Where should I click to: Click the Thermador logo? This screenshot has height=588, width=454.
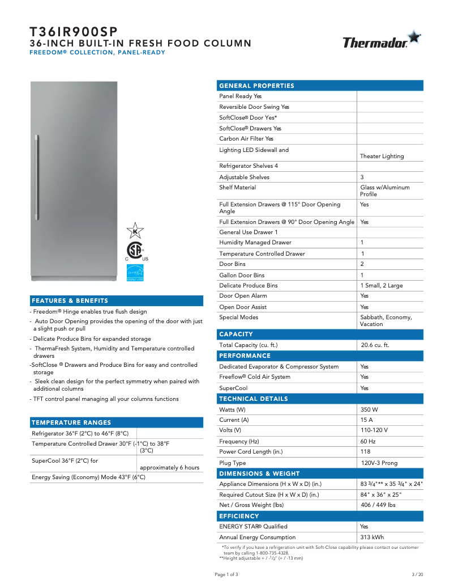pos(382,40)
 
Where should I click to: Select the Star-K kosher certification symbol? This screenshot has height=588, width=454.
pos(135,230)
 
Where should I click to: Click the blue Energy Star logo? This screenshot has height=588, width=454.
pos(135,273)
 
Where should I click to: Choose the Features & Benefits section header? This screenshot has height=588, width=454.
pos(70,301)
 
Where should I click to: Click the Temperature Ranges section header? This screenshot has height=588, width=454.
pos(71,422)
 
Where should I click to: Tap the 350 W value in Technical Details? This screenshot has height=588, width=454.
pos(369,409)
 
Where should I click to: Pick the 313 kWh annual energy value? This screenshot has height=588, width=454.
pos(372,537)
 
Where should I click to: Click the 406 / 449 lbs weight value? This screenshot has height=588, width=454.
pos(378,505)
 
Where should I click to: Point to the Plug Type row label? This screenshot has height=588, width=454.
pos(233,463)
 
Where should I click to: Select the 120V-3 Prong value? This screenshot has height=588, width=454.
pos(379,463)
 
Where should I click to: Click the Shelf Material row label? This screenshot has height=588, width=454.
pos(237,187)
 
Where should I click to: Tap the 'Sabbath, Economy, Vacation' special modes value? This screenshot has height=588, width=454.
pos(386,320)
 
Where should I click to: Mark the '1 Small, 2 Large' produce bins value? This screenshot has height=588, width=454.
pos(382,285)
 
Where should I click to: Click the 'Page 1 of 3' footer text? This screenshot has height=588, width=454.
pos(226,574)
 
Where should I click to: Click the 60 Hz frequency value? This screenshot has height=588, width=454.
pos(368,441)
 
